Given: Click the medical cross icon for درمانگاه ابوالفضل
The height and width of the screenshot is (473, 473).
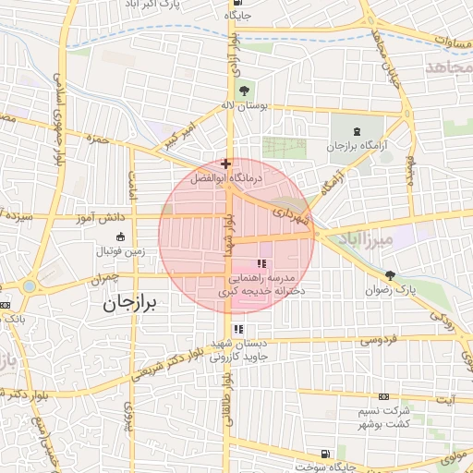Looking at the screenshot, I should coord(225,164).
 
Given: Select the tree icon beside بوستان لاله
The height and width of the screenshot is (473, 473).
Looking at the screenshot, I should coord(244,91).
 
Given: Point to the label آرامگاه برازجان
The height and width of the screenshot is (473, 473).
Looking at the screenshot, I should coord(351,148).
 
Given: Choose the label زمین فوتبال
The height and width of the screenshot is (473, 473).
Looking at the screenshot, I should coord(115,250).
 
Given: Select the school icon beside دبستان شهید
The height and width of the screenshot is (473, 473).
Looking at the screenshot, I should coord(238,328).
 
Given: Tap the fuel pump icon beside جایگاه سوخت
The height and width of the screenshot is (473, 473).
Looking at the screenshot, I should coord(324,453).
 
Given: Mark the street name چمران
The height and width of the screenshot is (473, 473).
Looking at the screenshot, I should coord(106,275).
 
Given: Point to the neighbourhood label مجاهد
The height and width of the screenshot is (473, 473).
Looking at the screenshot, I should coord(449,67).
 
